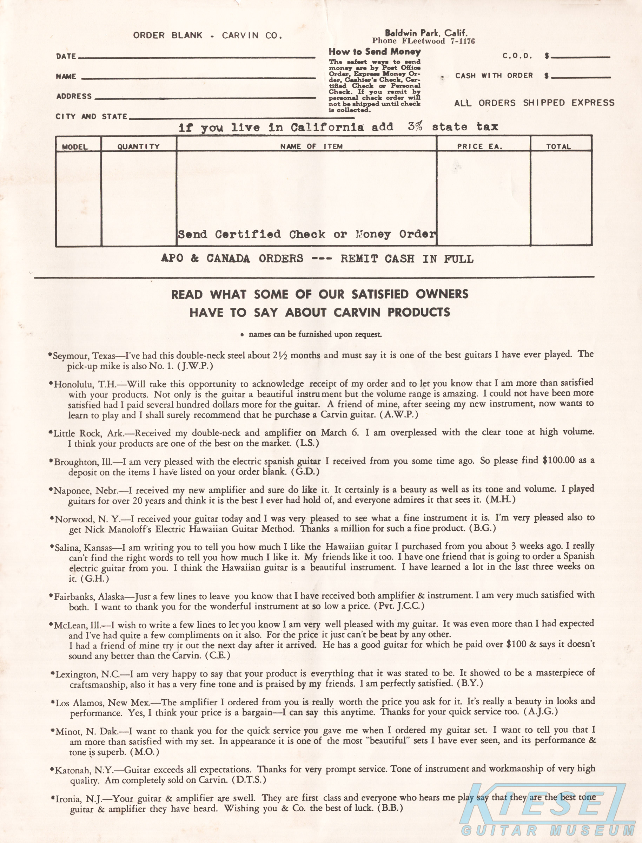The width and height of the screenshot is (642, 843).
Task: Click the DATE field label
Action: (x=66, y=56)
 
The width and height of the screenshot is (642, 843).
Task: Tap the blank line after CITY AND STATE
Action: (x=221, y=118)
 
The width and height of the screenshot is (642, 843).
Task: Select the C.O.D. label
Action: (x=517, y=56)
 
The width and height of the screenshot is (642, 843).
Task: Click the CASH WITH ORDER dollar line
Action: (x=580, y=78)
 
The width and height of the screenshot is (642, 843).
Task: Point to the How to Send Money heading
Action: (x=375, y=52)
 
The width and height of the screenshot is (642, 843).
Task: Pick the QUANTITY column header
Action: (x=138, y=146)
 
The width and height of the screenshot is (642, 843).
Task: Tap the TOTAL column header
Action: (x=558, y=146)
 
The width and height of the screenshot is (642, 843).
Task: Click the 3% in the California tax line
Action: (x=415, y=126)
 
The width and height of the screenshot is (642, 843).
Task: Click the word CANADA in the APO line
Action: (x=228, y=259)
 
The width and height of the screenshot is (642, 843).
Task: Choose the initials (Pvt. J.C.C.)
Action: (x=400, y=606)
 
